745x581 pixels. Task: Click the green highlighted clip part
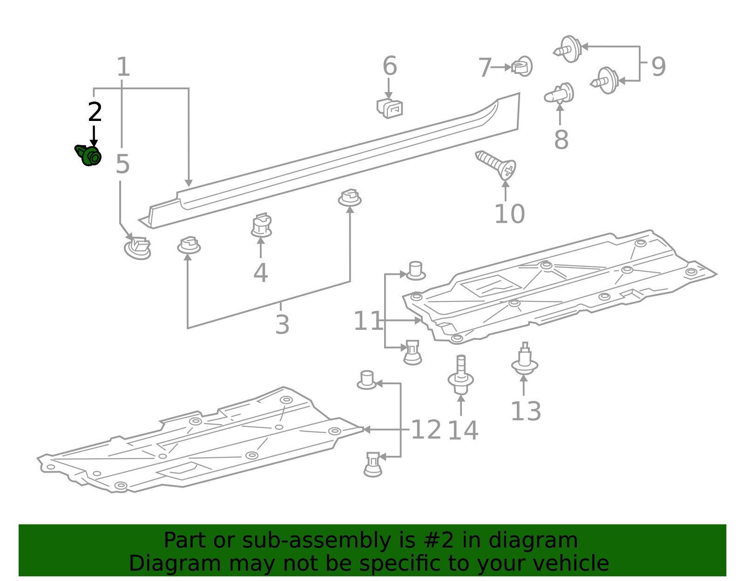coord(89,155)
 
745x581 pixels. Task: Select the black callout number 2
coord(95,112)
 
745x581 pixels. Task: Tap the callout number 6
coord(390,66)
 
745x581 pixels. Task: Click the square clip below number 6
coord(390,108)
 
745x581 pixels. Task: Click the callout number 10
coord(509,214)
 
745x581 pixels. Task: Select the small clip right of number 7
coord(522,67)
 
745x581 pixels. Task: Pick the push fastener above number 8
coord(559,93)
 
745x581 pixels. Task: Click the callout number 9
coord(658,67)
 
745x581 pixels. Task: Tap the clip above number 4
coord(262,226)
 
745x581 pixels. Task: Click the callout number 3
coord(282,324)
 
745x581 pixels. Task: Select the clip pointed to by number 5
coord(138,248)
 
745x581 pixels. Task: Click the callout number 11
coord(367,321)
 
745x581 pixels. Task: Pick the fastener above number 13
coord(525,360)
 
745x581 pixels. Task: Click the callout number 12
coord(426,429)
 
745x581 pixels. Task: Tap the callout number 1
coord(123,67)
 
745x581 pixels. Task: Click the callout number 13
coord(526,411)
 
